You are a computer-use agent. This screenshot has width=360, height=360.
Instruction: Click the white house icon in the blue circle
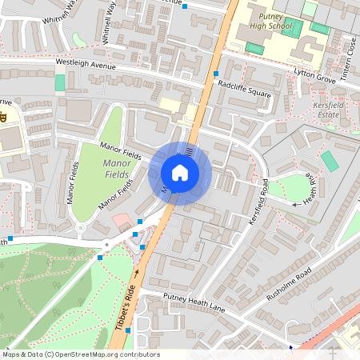point(180,172)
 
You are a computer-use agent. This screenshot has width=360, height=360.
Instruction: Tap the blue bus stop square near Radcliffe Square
point(216,74)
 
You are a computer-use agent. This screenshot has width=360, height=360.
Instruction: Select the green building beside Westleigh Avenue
point(60,82)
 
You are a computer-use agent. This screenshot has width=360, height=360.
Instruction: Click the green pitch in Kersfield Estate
point(330,161)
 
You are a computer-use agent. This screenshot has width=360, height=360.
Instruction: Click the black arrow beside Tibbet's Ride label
point(136,273)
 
